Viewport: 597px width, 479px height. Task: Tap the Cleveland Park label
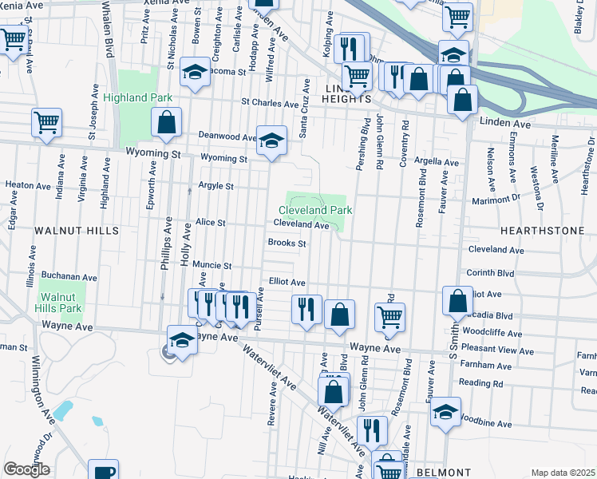pos(315,210)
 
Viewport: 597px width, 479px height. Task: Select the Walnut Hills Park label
pos(61,302)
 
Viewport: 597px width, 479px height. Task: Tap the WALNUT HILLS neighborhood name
pos(77,230)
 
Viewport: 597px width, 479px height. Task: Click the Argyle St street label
pos(215,186)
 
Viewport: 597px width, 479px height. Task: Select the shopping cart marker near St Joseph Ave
pos(47,123)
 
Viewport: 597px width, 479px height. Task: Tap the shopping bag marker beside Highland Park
pos(166,123)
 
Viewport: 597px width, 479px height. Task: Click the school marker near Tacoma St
pos(194,73)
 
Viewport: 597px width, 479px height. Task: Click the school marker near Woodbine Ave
pos(446,411)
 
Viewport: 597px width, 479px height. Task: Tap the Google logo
pos(26,469)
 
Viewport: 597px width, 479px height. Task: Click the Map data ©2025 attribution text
pos(563,473)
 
